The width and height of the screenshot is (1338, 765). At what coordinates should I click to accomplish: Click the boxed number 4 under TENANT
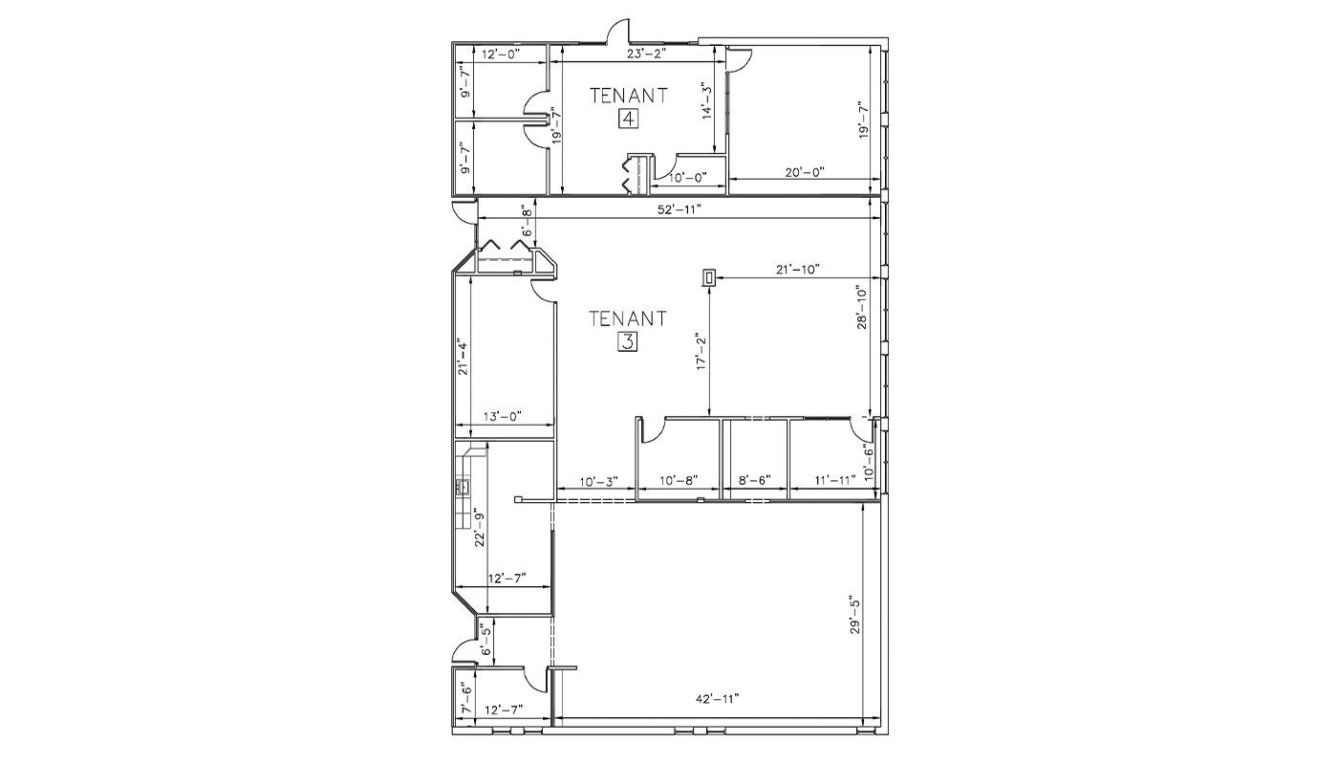click(x=628, y=119)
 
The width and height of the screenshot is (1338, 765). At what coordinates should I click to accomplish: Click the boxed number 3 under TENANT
click(x=628, y=342)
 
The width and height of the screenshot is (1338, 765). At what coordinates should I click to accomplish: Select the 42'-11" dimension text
click(x=718, y=698)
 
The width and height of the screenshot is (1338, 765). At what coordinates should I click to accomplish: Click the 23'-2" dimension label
click(x=645, y=54)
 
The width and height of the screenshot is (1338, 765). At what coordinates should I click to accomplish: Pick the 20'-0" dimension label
click(x=805, y=171)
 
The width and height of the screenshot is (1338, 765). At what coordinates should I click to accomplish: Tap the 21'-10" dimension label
click(x=797, y=270)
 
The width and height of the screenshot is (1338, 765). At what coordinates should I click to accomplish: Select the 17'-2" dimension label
click(x=701, y=352)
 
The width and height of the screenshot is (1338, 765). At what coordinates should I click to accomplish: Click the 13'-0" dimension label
click(x=503, y=415)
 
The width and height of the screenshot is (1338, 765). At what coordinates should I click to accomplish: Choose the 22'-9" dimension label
click(x=479, y=530)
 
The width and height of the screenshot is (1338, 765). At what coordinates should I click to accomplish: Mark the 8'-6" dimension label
click(x=755, y=479)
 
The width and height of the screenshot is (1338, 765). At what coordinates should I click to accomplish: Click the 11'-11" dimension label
click(x=835, y=479)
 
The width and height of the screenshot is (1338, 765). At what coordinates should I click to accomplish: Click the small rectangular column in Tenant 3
click(x=709, y=278)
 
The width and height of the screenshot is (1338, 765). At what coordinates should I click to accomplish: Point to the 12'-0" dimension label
click(x=501, y=54)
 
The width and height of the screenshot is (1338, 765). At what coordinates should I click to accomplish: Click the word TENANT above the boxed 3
click(x=628, y=318)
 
